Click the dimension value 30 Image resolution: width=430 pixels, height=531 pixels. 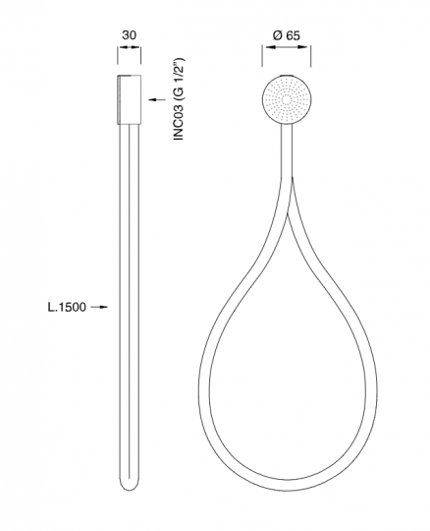pyautogui.click(x=130, y=34)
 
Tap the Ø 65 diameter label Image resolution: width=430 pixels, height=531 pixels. pyautogui.click(x=287, y=35)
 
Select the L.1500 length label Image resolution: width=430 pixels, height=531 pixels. pyautogui.click(x=67, y=307)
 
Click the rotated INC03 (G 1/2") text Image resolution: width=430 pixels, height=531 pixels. pyautogui.click(x=179, y=99)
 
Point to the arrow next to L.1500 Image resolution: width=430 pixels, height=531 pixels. pyautogui.click(x=99, y=307)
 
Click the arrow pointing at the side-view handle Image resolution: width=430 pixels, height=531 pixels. pyautogui.click(x=157, y=99)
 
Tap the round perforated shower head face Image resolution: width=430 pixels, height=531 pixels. pyautogui.click(x=287, y=99)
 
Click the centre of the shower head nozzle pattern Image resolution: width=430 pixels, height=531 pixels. pyautogui.click(x=287, y=99)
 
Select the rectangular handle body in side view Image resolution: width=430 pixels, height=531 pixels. pyautogui.click(x=130, y=99)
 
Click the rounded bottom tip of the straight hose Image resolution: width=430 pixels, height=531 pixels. pyautogui.click(x=130, y=488)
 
